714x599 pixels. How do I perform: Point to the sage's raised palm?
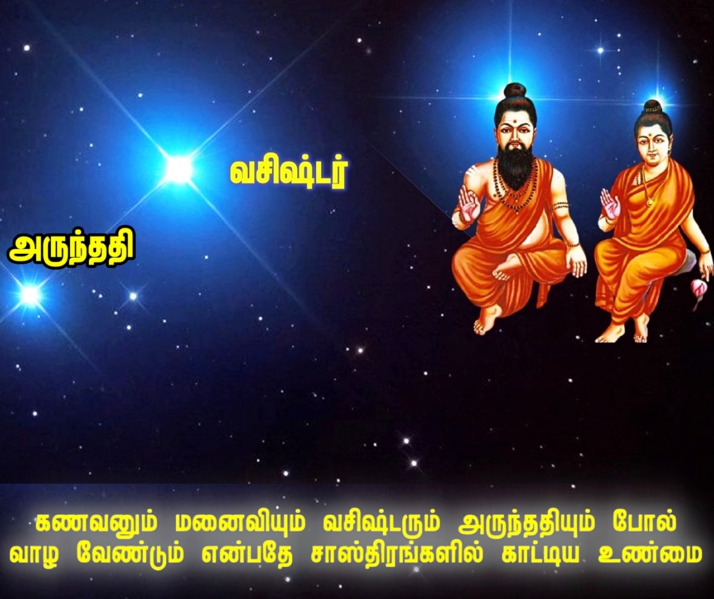[469, 206]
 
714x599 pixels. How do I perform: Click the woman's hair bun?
[653, 109]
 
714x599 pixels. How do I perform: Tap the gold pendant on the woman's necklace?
[650, 202]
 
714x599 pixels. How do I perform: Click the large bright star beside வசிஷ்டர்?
[178, 169]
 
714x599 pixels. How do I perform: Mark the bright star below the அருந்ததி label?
[30, 294]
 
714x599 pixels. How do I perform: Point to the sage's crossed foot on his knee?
[505, 269]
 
